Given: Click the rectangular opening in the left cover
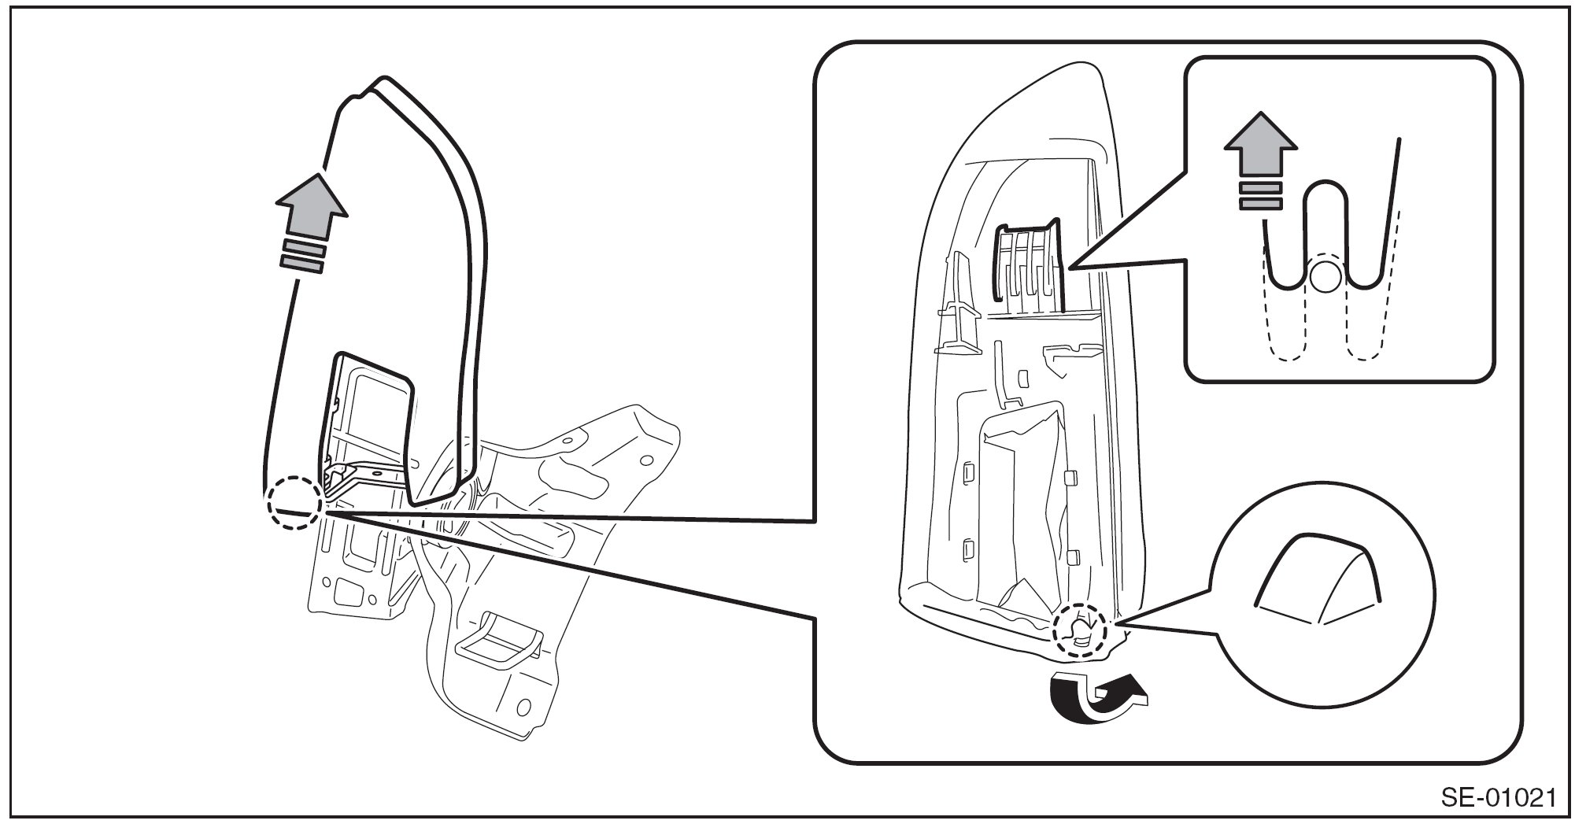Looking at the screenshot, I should [x=368, y=425].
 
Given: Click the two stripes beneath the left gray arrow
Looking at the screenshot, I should [x=301, y=257].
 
